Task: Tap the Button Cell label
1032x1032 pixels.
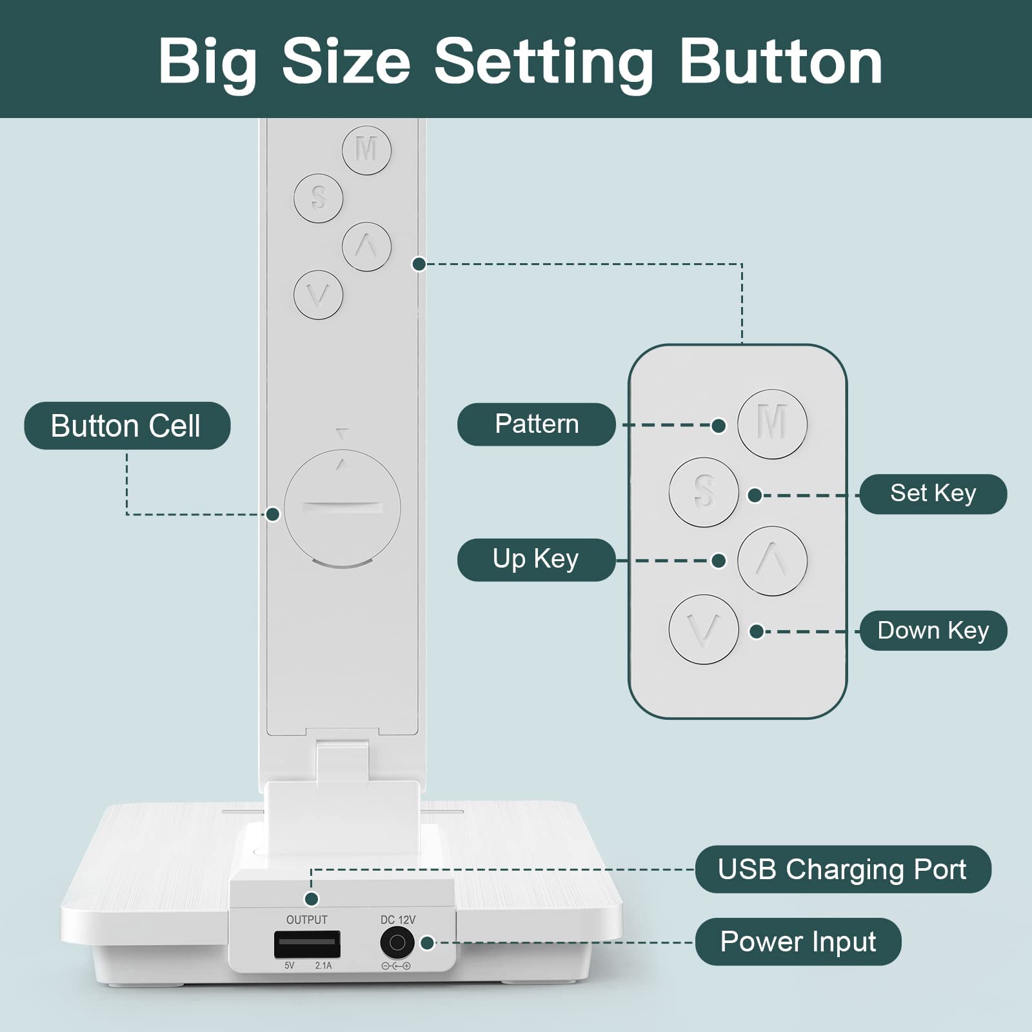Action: point(127,426)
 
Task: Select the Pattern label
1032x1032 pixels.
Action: point(537,424)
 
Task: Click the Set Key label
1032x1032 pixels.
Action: point(933,494)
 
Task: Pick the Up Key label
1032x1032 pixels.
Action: point(536,560)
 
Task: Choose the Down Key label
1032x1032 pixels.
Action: point(933,630)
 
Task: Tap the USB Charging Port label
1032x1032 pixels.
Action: point(842,869)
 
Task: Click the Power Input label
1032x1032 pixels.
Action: point(798,942)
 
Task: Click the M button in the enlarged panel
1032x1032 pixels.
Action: point(772,424)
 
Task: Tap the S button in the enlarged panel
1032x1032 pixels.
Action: point(704,492)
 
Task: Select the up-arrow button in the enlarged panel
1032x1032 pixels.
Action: point(772,561)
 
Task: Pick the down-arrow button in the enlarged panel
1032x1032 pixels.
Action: point(704,630)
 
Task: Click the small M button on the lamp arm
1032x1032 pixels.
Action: point(366,150)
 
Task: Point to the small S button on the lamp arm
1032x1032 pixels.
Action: point(319,198)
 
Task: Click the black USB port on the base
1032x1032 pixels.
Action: point(307,944)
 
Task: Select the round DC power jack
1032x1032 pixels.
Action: point(397,944)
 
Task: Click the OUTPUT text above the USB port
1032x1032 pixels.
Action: point(307,920)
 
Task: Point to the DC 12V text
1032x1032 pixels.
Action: point(398,920)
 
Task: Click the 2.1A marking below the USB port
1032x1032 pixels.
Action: point(324,966)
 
